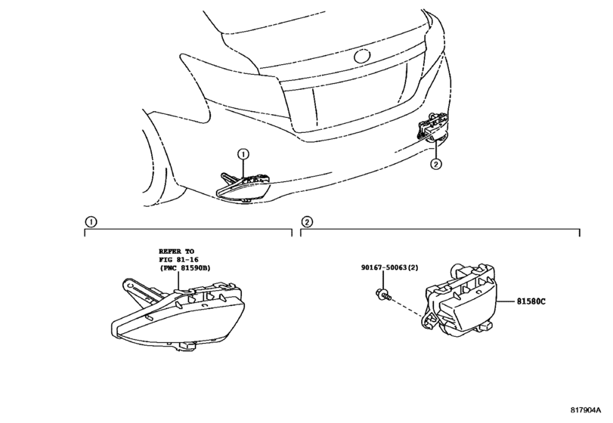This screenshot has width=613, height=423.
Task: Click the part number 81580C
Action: click(x=531, y=301)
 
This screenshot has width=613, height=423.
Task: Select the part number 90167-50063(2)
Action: click(x=389, y=267)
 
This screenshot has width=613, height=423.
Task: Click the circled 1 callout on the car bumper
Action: click(x=243, y=154)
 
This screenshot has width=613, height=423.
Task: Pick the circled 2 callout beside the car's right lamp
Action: click(x=436, y=164)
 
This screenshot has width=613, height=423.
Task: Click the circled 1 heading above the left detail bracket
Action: click(x=91, y=222)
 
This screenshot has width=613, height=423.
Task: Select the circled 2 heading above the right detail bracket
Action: click(x=307, y=222)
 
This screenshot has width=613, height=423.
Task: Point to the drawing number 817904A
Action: click(x=585, y=410)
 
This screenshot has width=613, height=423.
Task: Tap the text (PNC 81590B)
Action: click(x=184, y=268)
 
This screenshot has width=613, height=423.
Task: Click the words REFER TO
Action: click(x=176, y=252)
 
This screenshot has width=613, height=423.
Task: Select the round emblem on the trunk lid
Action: click(x=362, y=56)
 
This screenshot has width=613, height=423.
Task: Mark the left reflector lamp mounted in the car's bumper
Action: click(x=243, y=187)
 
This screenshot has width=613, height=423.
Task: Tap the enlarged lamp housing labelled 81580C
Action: click(x=460, y=300)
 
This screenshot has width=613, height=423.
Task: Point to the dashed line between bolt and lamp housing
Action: click(x=407, y=307)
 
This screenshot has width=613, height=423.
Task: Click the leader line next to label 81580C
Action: click(x=506, y=301)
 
